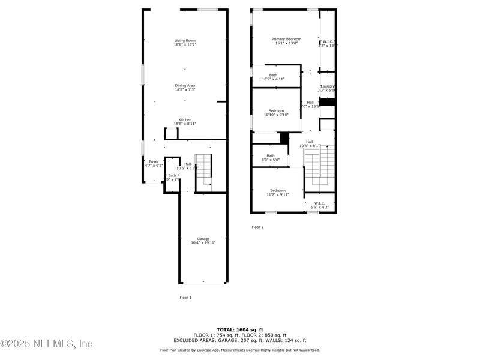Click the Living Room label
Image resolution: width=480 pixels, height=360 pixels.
(x=185, y=43)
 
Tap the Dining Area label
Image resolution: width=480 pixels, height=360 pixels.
(x=185, y=88)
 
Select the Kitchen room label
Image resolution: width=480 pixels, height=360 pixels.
(x=185, y=122)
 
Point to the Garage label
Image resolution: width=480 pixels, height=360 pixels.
(x=203, y=241)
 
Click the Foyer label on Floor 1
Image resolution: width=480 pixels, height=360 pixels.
(x=154, y=163)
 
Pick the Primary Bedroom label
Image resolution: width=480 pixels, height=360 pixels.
(x=286, y=41)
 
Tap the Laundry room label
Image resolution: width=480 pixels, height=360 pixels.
(x=328, y=88)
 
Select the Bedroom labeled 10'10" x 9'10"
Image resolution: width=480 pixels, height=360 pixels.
(x=276, y=113)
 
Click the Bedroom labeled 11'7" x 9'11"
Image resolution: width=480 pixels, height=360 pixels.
(x=278, y=193)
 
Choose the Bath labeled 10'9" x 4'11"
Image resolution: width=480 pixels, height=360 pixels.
(x=273, y=77)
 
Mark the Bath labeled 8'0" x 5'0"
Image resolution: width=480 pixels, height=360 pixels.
(x=271, y=158)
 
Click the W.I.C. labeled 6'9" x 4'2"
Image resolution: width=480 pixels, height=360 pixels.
(x=319, y=205)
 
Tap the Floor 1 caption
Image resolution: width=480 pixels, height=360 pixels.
(x=185, y=298)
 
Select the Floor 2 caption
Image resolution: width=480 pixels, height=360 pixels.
(x=257, y=227)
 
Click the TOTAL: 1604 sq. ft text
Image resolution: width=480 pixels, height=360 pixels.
(x=240, y=330)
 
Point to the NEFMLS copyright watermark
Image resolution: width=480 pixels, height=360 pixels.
(x=46, y=344)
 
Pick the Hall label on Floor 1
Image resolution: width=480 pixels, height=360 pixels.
(x=188, y=166)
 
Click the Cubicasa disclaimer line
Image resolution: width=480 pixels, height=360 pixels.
(x=240, y=350)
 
